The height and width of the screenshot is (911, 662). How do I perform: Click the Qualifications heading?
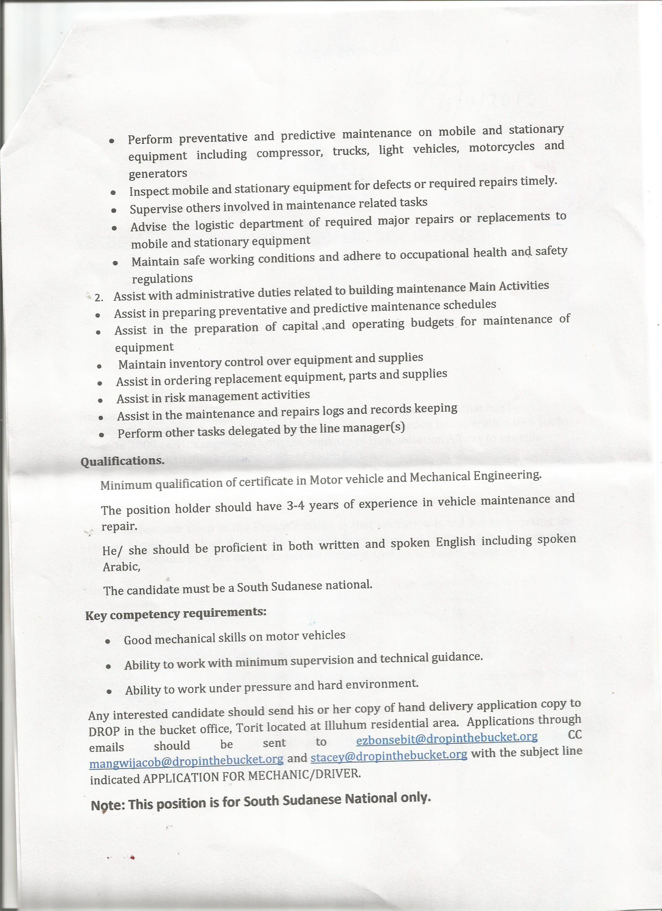[x=122, y=461]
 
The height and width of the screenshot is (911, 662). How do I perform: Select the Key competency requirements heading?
[x=176, y=614]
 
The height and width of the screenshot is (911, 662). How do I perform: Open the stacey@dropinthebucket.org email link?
[x=389, y=756]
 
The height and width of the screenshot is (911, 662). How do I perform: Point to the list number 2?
[x=99, y=298]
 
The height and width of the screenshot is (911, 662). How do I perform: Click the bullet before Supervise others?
[x=114, y=210]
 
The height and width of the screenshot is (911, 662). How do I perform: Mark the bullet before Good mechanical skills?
[x=107, y=641]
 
